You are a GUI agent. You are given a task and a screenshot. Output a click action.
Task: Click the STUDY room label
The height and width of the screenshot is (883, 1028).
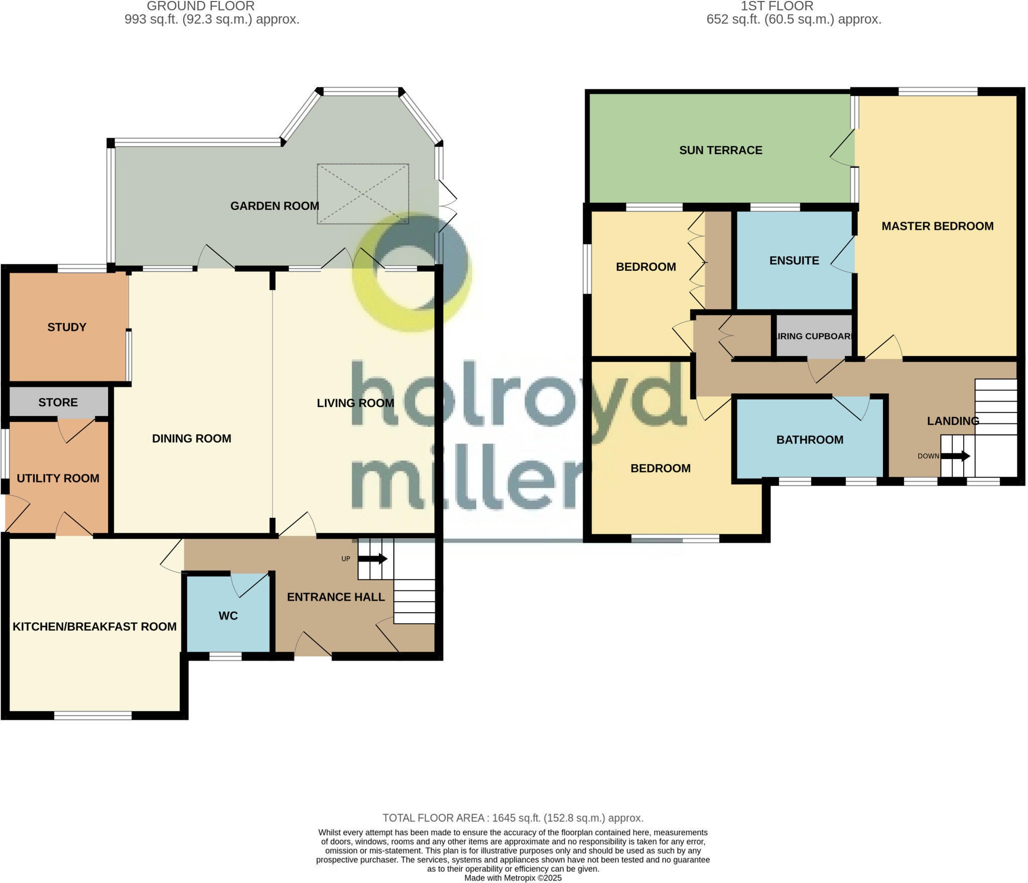(x=67, y=327)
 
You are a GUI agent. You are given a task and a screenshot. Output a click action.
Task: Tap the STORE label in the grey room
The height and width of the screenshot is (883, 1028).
(x=58, y=402)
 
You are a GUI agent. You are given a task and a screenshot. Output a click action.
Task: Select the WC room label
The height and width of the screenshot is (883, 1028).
(x=228, y=616)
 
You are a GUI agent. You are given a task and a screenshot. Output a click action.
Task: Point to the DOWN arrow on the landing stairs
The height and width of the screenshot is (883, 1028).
(x=955, y=456)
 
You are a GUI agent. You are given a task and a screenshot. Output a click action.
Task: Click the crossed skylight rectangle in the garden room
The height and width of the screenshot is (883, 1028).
(x=362, y=193)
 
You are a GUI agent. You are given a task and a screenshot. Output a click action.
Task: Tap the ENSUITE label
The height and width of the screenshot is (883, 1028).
(x=794, y=261)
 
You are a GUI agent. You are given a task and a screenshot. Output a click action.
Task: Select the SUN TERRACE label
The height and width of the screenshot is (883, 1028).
(x=720, y=150)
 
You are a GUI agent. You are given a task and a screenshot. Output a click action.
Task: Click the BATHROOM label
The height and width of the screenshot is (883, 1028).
(x=810, y=440)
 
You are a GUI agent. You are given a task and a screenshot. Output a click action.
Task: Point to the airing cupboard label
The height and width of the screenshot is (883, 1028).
(x=813, y=337)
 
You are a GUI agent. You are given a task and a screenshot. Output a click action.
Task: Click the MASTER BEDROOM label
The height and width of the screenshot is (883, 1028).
(x=937, y=226)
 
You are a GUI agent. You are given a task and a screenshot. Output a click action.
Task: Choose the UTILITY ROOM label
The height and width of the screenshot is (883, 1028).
(x=58, y=478)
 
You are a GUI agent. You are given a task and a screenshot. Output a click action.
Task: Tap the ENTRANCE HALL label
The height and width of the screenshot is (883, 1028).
(x=336, y=597)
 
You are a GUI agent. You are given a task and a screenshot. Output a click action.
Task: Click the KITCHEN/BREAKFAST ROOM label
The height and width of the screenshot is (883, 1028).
(x=94, y=626)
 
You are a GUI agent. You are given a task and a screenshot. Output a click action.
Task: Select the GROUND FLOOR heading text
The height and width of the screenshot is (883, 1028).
(x=200, y=7)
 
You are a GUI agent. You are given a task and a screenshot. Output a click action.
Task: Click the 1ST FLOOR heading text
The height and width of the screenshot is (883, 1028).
(x=777, y=7)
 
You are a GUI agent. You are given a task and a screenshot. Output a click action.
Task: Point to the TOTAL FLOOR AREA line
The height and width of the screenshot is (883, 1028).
(x=512, y=818)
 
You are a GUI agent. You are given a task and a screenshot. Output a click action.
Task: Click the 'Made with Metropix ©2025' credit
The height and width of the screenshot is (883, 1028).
(x=512, y=878)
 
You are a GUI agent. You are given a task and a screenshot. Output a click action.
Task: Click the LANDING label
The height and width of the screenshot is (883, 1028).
(x=952, y=421)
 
